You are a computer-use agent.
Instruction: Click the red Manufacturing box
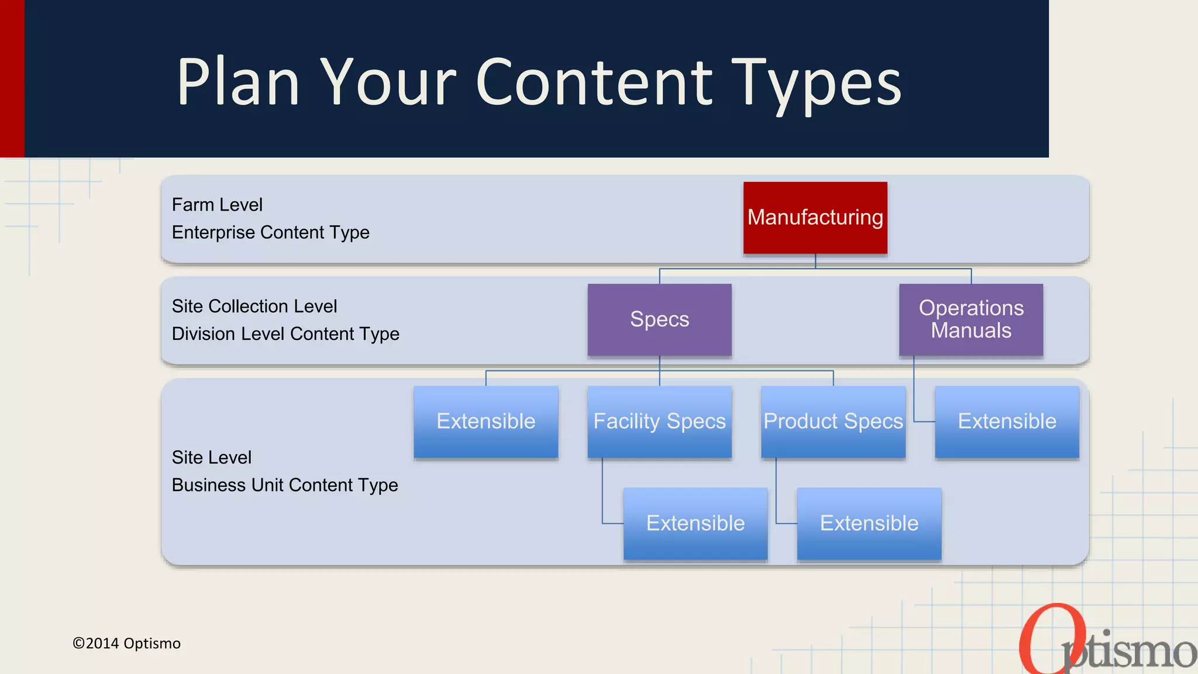815,218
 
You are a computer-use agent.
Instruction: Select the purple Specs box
659,319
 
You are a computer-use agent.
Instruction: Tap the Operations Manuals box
971,319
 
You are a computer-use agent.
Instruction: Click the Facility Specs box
659,421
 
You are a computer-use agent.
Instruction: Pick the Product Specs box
833,421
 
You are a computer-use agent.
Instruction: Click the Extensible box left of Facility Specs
486,421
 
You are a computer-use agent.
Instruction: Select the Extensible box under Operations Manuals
1007,421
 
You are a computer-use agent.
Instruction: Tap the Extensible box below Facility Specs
695,523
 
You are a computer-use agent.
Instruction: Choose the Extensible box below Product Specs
869,523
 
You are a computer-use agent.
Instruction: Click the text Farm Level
217,205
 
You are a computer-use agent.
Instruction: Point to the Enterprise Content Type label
270,232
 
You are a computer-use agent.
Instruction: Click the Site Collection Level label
254,306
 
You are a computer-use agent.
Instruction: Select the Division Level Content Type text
285,333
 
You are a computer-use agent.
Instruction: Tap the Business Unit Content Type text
285,485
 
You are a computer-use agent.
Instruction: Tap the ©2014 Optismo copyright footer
126,643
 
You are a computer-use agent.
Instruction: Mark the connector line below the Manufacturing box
815,262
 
